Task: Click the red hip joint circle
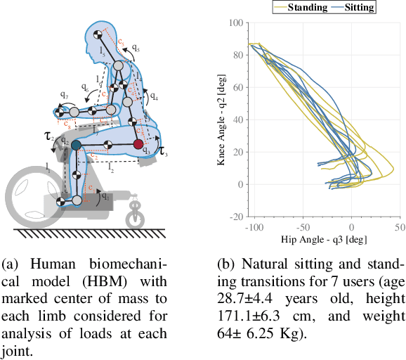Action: (139, 145)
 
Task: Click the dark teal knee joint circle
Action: (76, 146)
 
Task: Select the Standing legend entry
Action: (300, 7)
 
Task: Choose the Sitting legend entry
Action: (355, 7)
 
